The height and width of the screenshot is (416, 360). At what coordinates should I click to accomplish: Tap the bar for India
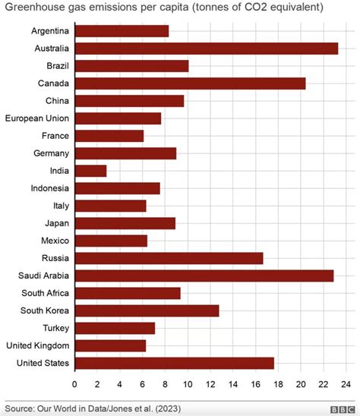91,171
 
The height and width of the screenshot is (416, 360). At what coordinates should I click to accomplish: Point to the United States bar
175,363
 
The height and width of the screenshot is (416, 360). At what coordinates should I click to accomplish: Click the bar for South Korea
147,310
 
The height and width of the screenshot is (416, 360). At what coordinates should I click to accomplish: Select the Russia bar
169,258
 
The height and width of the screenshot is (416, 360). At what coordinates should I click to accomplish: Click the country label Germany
52,153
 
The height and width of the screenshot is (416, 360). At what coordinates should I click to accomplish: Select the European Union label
37,118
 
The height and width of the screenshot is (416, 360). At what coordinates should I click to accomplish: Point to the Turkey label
55,328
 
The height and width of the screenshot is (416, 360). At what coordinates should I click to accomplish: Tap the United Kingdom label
37,345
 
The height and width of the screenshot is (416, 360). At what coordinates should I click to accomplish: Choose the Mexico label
55,241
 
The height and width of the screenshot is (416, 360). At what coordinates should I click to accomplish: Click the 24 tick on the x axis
346,384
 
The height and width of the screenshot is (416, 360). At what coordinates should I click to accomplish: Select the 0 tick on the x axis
75,384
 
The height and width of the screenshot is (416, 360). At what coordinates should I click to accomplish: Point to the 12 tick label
210,384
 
